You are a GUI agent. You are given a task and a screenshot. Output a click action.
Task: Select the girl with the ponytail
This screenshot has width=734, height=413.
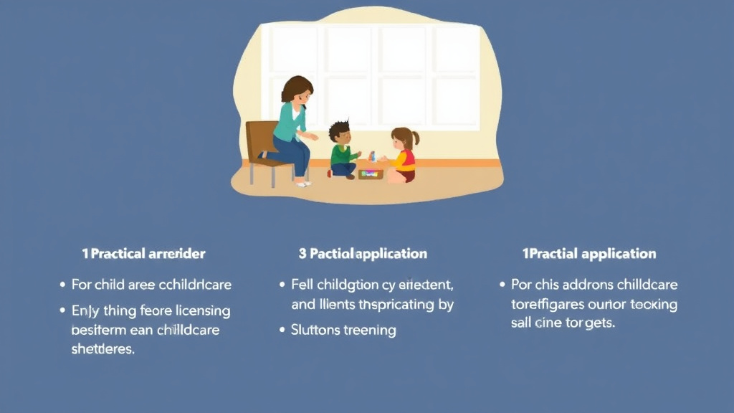click(x=403, y=155)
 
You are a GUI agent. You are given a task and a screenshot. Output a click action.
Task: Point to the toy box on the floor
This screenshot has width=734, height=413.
click(x=371, y=173)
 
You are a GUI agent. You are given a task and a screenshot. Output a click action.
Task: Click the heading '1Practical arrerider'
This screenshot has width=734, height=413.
click(x=143, y=254)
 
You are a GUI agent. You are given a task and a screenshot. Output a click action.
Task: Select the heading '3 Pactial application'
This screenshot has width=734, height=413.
click(x=363, y=254)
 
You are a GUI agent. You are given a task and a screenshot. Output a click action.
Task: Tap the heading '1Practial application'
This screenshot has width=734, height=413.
click(x=588, y=254)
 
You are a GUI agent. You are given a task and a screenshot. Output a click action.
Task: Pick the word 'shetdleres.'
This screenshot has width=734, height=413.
click(x=103, y=349)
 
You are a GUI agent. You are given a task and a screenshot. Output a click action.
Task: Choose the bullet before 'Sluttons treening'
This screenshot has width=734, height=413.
click(x=282, y=331)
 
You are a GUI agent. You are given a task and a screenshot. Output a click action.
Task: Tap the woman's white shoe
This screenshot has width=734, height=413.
click(x=303, y=184)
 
